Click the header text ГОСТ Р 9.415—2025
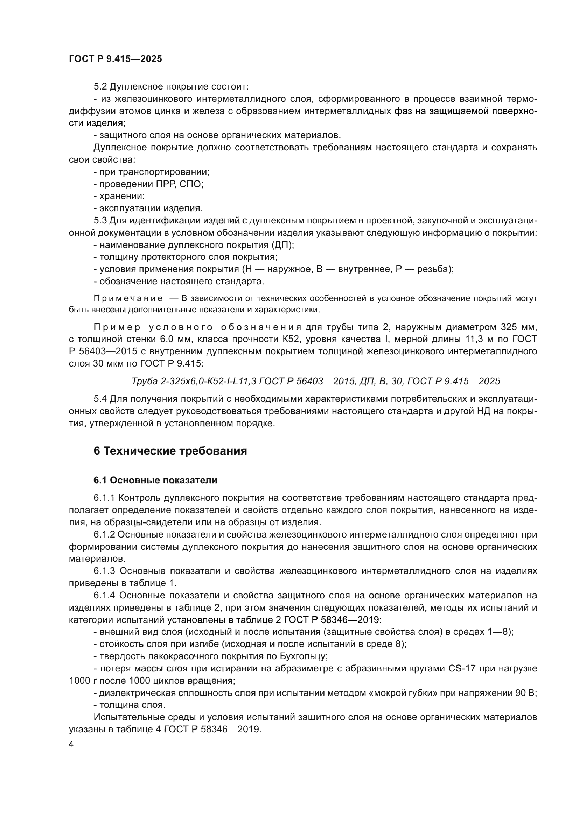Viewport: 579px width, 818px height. click(115, 59)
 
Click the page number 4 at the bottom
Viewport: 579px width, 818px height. click(71, 744)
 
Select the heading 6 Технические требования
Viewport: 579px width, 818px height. click(170, 451)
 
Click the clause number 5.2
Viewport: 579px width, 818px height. click(100, 87)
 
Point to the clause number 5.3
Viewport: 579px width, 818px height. click(100, 221)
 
